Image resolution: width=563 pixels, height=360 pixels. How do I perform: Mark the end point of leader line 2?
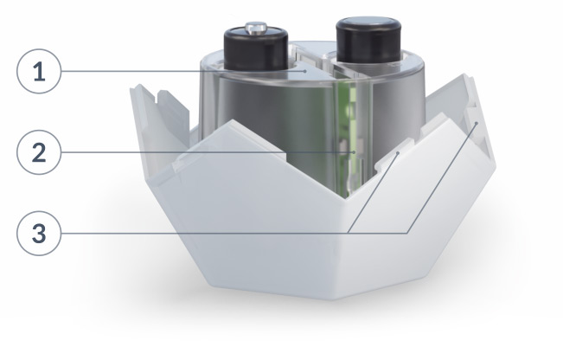pyautogui.click(x=342, y=155)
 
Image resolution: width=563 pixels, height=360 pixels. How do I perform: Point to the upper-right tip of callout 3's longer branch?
pyautogui.click(x=477, y=124)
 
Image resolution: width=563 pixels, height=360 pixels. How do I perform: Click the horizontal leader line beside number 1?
pyautogui.click(x=173, y=72)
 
